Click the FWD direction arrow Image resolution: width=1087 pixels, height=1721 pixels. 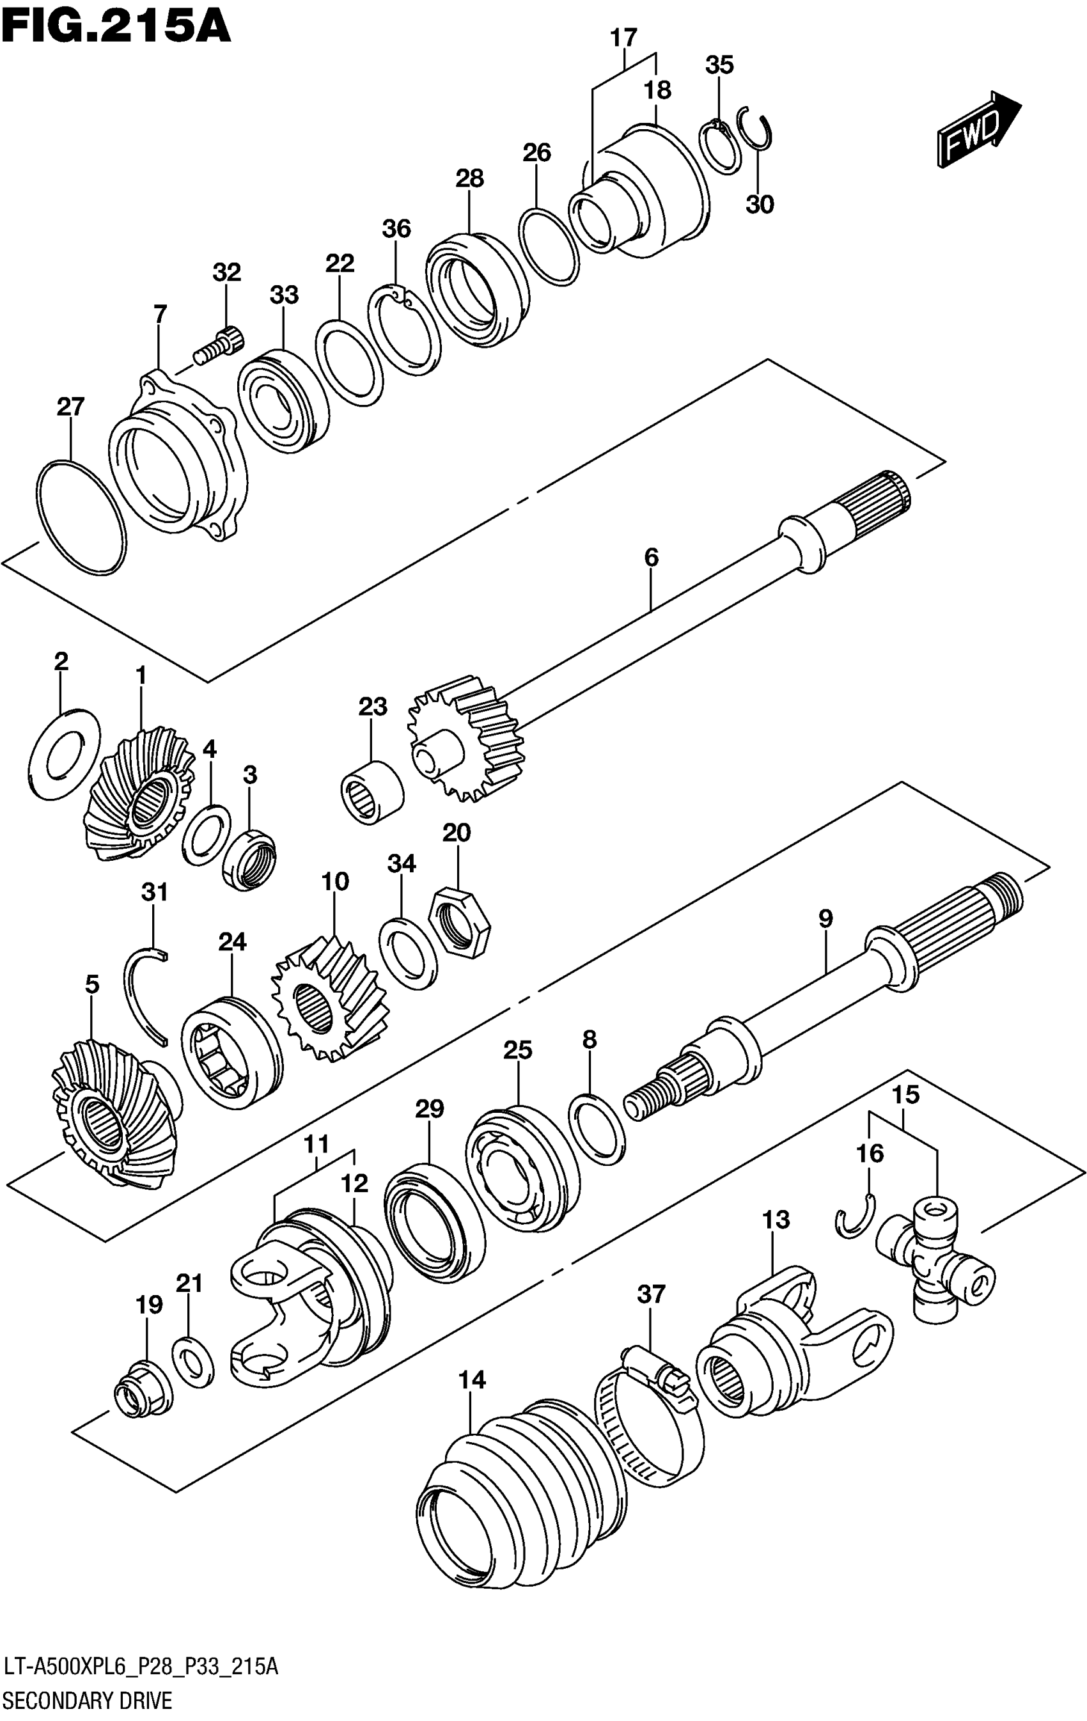979,129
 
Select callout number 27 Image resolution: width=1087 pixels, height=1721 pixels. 71,407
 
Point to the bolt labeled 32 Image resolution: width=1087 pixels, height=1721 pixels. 219,345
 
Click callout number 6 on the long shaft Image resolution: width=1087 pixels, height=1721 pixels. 651,557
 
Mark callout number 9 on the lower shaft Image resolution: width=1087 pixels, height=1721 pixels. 825,918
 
